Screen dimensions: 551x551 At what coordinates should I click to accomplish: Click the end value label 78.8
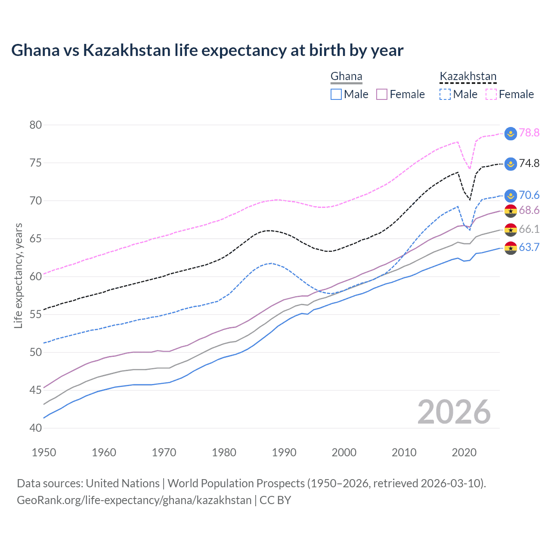point(529,133)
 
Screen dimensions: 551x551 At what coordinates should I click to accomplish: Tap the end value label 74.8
point(529,163)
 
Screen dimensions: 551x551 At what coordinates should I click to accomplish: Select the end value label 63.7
point(529,247)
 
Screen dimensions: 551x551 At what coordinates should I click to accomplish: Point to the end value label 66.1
point(529,229)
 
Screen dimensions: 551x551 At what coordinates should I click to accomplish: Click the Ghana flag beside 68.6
point(511,211)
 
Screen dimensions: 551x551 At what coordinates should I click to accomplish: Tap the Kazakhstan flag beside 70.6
point(511,195)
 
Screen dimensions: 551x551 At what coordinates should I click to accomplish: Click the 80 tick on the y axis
point(36,125)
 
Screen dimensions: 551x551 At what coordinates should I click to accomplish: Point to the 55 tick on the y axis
point(36,314)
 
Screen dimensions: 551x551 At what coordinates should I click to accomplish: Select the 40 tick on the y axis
point(36,428)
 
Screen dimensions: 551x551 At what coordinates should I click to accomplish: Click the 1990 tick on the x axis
point(284,452)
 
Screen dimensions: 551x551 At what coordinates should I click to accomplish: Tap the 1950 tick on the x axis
point(44,452)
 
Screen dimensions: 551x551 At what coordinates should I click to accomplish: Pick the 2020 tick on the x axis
point(464,452)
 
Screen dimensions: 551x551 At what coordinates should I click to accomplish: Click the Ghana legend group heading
point(346,77)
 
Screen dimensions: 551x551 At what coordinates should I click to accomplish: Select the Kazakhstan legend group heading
point(468,77)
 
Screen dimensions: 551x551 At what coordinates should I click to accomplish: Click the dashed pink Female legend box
point(491,94)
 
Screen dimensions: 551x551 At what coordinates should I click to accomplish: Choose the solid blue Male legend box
point(336,94)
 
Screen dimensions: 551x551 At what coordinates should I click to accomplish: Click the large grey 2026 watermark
point(454,412)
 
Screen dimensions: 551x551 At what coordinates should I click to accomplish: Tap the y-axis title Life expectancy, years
point(18,275)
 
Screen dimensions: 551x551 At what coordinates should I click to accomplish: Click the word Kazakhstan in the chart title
point(127,50)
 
